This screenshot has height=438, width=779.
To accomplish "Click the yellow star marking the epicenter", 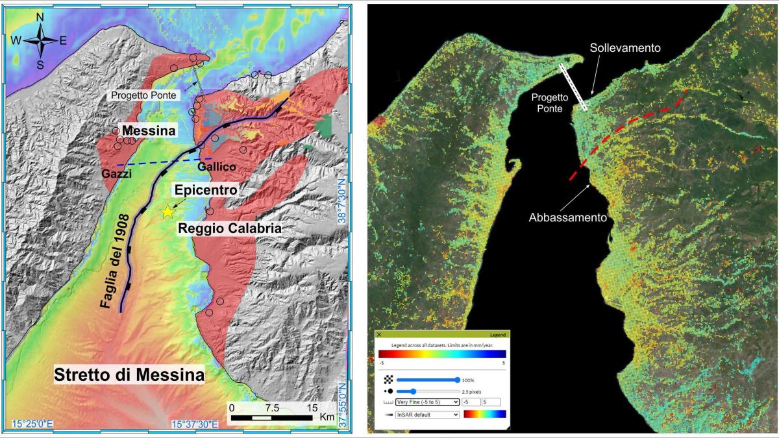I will click(x=169, y=212).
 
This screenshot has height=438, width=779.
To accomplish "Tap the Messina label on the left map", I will click(x=136, y=131).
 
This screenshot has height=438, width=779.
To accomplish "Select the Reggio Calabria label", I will click(x=232, y=229).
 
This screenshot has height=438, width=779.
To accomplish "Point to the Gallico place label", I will click(x=216, y=167).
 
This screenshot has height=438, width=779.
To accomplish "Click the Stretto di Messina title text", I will click(x=129, y=375).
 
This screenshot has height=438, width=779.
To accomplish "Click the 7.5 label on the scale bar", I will click(x=272, y=408).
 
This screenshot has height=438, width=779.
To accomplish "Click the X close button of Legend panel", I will click(x=379, y=334).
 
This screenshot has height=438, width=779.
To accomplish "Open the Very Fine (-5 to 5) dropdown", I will click(x=428, y=402).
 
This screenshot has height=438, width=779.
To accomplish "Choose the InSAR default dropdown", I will click(x=428, y=414).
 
